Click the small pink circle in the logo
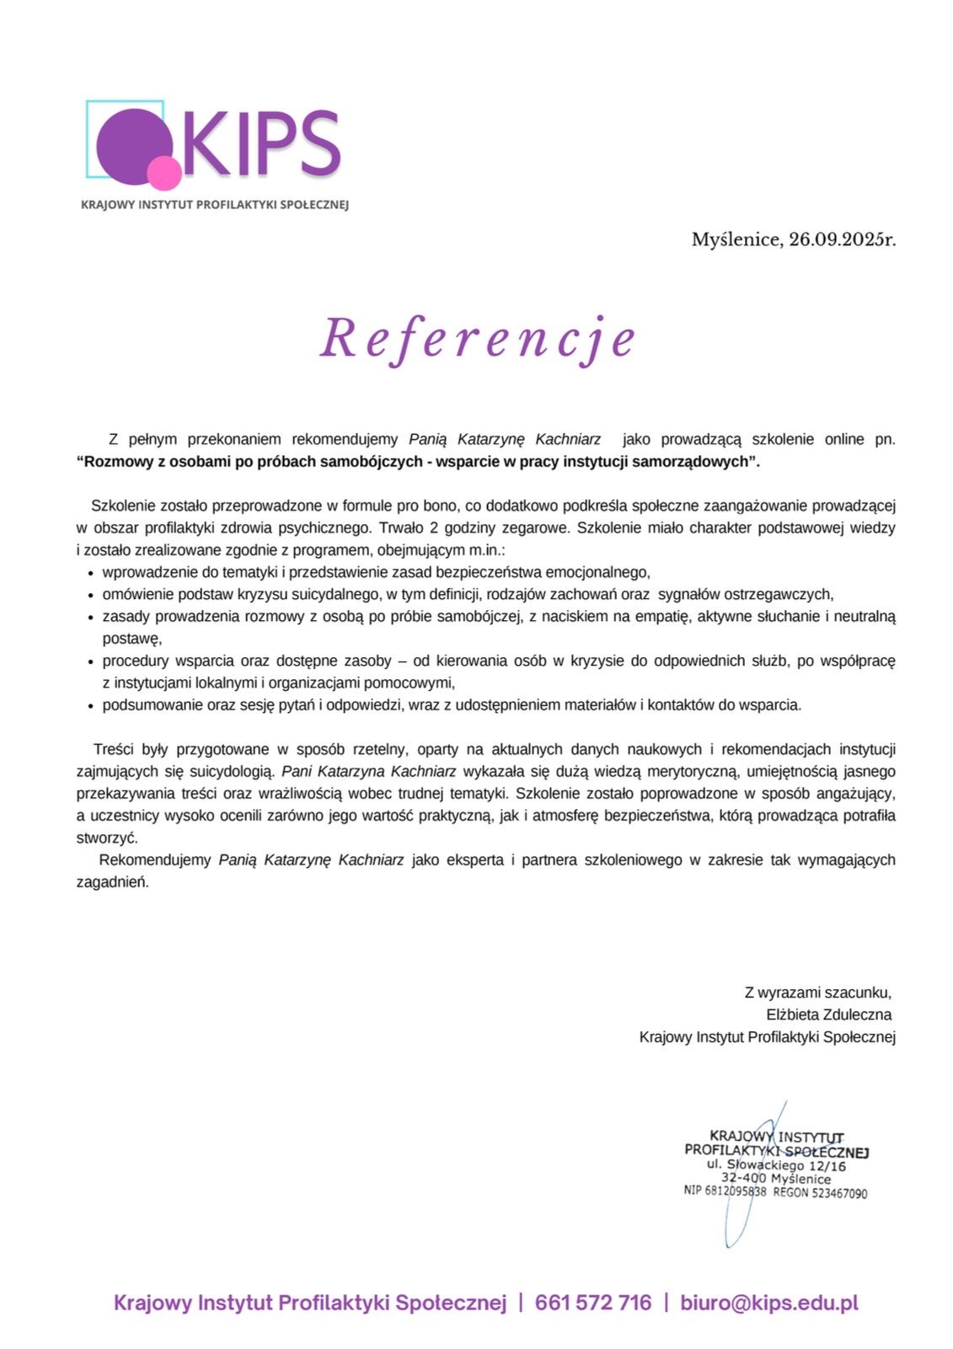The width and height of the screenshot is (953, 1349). pyautogui.click(x=163, y=174)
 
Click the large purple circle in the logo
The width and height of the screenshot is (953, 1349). pyautogui.click(x=128, y=144)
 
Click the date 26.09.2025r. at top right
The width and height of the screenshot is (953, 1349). pyautogui.click(x=842, y=240)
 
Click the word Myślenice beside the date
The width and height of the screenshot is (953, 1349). pyautogui.click(x=736, y=240)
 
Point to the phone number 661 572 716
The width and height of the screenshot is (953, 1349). pyautogui.click(x=593, y=1303)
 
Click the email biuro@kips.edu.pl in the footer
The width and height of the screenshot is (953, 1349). pyautogui.click(x=769, y=1303)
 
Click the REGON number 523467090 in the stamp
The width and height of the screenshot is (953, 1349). pyautogui.click(x=839, y=1193)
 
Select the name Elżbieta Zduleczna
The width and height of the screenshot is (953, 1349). pyautogui.click(x=828, y=1014)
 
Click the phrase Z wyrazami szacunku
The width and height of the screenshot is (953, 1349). pyautogui.click(x=817, y=993)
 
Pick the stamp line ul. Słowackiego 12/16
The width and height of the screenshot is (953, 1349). pyautogui.click(x=776, y=1165)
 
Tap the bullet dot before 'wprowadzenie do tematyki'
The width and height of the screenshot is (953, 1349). pyautogui.click(x=91, y=573)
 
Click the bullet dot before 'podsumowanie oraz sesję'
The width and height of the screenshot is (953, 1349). pyautogui.click(x=91, y=706)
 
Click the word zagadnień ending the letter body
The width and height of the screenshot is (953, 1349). pyautogui.click(x=112, y=883)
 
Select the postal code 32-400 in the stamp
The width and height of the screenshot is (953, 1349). pyautogui.click(x=742, y=1178)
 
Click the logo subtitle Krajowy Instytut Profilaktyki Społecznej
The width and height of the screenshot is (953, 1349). pyautogui.click(x=214, y=205)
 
